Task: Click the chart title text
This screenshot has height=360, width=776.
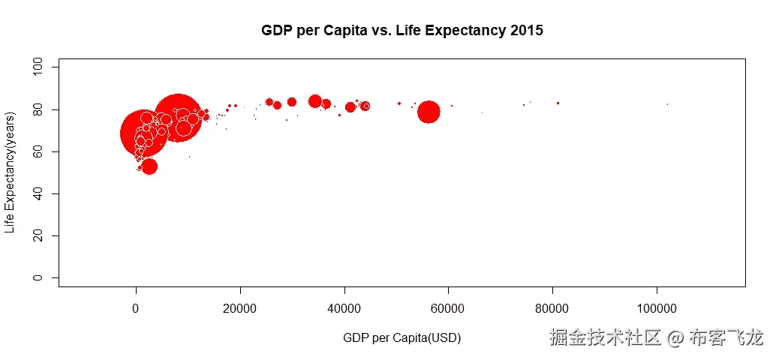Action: click(x=402, y=31)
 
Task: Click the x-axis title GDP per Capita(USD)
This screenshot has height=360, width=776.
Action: click(x=402, y=338)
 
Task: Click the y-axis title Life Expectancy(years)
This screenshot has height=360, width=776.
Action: click(x=10, y=172)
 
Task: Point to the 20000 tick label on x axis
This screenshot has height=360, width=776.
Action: click(x=239, y=308)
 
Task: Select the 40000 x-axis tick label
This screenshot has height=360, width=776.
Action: click(x=344, y=308)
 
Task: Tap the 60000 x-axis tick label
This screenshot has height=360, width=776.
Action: click(x=448, y=308)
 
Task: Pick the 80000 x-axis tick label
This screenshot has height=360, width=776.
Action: click(x=552, y=308)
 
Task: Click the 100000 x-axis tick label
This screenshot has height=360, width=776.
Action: click(x=657, y=308)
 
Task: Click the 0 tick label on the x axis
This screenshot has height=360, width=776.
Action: click(x=136, y=308)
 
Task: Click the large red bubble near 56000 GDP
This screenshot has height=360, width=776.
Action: click(x=429, y=112)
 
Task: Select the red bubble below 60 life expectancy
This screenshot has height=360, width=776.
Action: click(x=149, y=166)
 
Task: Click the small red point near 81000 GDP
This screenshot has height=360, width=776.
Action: click(x=558, y=103)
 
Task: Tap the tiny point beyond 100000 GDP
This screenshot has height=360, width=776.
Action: click(x=667, y=104)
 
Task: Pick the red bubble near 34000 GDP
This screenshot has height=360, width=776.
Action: click(x=315, y=101)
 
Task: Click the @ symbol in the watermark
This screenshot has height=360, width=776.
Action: click(x=675, y=338)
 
